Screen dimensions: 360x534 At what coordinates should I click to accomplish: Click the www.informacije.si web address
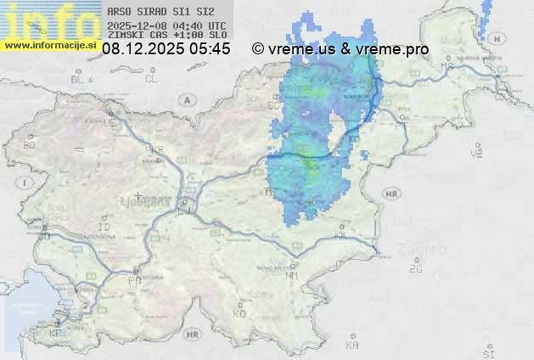click(x=50, y=45)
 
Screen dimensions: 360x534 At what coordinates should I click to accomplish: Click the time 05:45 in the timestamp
click(x=210, y=49)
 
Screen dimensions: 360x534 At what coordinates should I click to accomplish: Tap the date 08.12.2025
click(x=143, y=49)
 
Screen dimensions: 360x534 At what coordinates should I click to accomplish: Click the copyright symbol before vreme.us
click(x=258, y=49)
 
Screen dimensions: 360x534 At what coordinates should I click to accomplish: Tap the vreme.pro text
click(x=392, y=49)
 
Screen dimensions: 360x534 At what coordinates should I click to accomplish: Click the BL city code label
click(x=79, y=79)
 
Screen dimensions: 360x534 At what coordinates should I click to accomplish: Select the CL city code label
click(x=152, y=79)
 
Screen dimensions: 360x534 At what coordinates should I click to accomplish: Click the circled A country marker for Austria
click(x=185, y=99)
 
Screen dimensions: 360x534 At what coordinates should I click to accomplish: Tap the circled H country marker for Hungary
click(x=475, y=153)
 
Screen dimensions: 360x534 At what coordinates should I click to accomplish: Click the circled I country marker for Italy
click(x=26, y=183)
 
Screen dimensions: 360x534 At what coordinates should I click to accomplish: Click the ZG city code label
click(x=415, y=268)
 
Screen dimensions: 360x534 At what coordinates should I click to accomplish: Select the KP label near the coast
click(x=56, y=334)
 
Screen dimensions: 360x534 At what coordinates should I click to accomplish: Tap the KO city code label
click(x=239, y=313)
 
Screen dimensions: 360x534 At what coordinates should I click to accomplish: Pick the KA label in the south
click(x=352, y=345)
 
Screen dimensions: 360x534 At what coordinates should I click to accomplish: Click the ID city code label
click(x=104, y=228)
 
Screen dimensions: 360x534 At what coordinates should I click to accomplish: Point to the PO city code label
click(x=134, y=279)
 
